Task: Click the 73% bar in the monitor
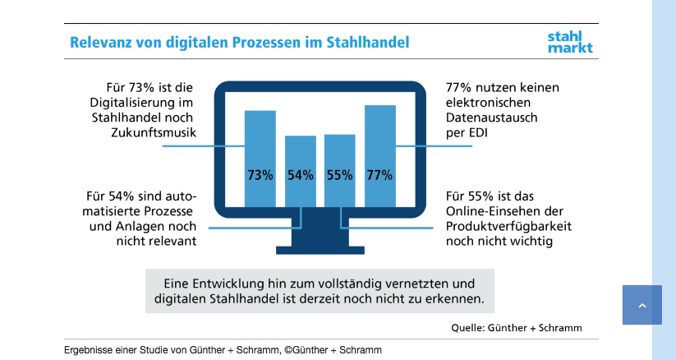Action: coord(260,158)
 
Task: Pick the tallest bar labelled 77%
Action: coord(379,155)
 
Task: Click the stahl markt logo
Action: coord(569,41)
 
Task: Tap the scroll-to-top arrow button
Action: coord(642,305)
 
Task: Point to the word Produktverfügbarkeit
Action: coord(509,226)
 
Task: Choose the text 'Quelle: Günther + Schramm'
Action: coord(516,327)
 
